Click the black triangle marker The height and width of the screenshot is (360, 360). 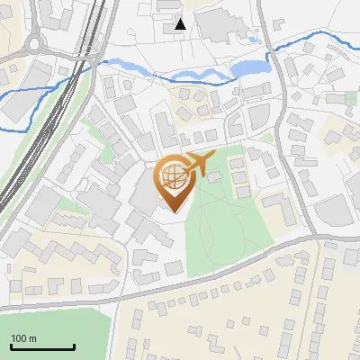tap(181, 24)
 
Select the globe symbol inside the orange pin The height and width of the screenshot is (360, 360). tap(173, 176)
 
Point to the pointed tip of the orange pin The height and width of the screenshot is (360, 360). tap(174, 211)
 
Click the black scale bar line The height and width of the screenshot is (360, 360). tap(42, 347)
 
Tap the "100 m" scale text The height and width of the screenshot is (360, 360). tap(24, 338)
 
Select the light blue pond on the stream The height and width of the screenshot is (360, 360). tap(247, 68)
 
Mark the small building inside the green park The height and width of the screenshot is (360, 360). tap(214, 177)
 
